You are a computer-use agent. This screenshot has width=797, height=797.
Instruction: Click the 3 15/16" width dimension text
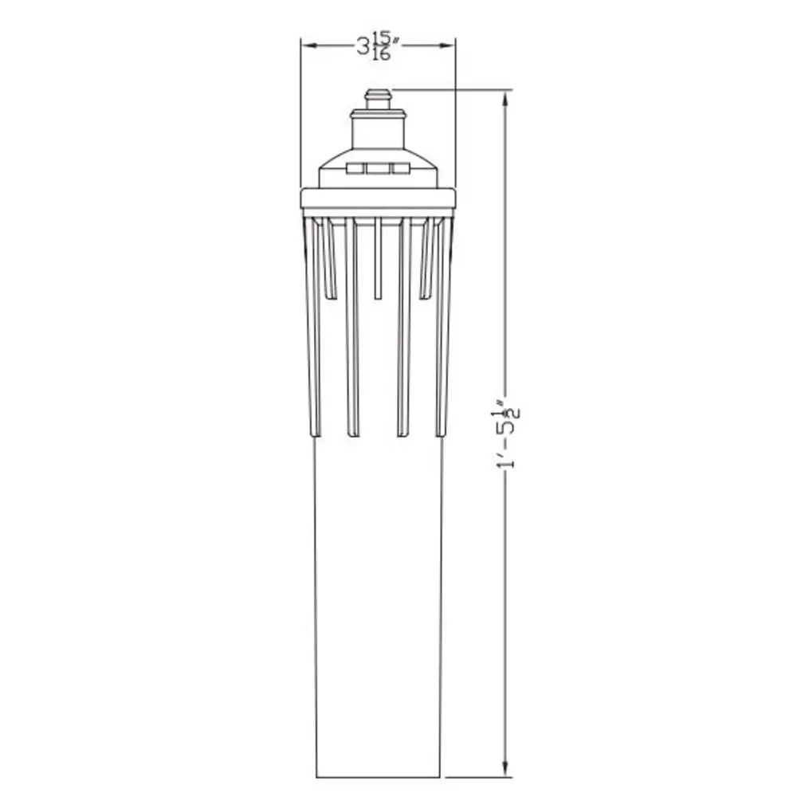(x=377, y=46)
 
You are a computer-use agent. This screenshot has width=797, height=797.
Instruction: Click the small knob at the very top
(x=378, y=99)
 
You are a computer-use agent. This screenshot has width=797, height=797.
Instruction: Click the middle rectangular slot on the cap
(x=378, y=169)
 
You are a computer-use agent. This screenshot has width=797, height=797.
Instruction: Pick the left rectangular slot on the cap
(x=355, y=169)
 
